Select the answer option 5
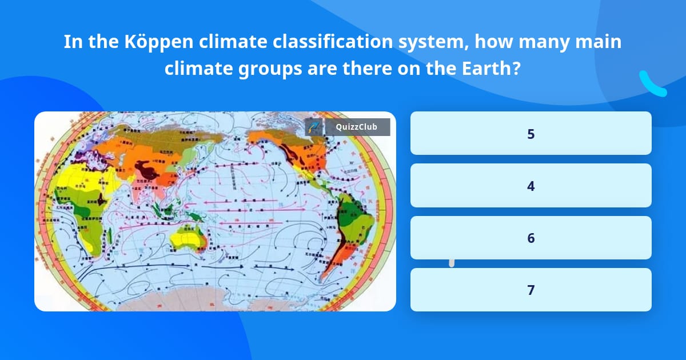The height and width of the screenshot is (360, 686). tap(531, 134)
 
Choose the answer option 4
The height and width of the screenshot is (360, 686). tap(531, 186)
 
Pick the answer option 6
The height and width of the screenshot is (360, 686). tap(531, 238)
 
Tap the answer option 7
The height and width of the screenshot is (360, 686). tap(531, 290)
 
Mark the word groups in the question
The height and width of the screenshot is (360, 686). tap(270, 69)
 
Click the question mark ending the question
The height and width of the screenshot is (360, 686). tap(516, 69)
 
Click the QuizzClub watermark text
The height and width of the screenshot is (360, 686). tap(356, 127)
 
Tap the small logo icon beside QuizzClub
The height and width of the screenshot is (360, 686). tap(314, 127)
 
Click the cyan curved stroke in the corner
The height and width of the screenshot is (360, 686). tap(652, 85)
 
